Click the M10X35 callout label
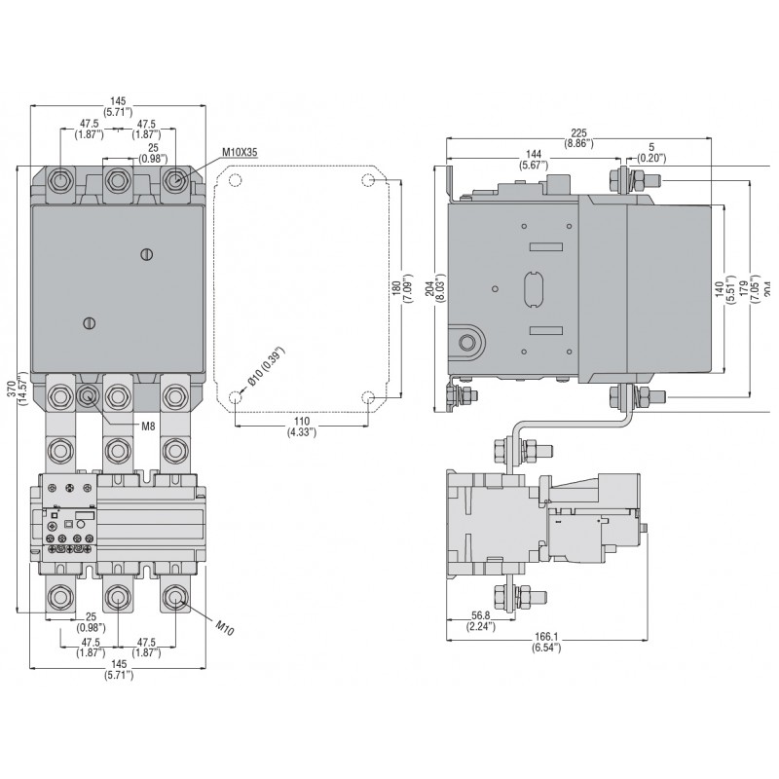239,152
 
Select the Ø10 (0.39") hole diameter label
264,369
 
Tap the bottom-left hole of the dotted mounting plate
236,397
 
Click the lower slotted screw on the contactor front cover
88,322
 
